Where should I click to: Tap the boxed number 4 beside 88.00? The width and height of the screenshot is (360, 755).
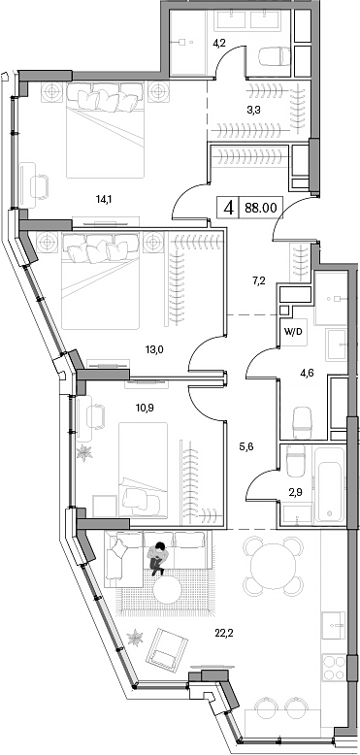(x=229, y=207)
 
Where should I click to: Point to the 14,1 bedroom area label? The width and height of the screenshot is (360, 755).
(x=104, y=200)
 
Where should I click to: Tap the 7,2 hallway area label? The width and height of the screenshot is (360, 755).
(x=258, y=280)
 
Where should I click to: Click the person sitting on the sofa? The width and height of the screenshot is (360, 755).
(x=157, y=558)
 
